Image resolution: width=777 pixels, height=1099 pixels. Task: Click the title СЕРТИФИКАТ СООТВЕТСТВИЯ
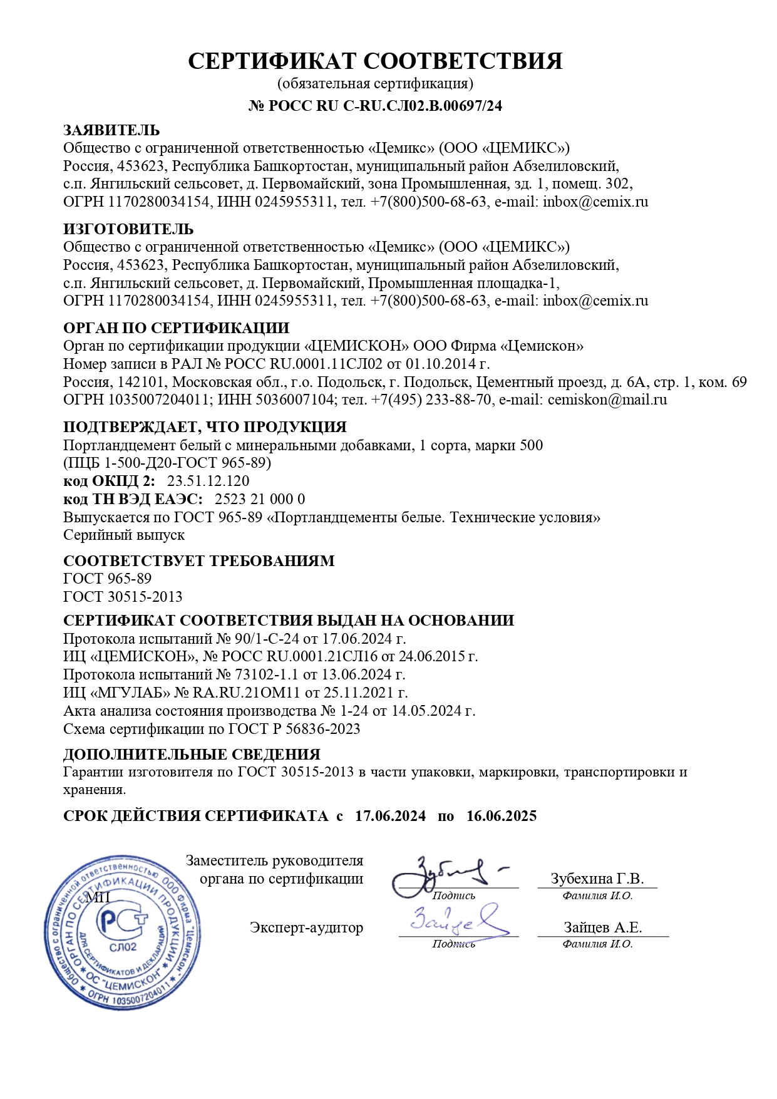pos(375,61)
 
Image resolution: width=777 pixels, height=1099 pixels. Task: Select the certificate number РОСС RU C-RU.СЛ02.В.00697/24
pos(384,106)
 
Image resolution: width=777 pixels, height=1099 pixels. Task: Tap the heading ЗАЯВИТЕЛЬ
pos(111,130)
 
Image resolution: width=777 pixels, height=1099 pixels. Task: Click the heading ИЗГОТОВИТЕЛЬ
pos(128,229)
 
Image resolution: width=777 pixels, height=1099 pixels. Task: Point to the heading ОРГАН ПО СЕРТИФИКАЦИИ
pos(176,328)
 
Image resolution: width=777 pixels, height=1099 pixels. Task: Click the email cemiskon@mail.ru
pos(607,400)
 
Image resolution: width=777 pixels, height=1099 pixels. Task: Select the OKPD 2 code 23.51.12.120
pos(208,481)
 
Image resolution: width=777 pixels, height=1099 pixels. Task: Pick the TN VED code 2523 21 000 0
pos(260,499)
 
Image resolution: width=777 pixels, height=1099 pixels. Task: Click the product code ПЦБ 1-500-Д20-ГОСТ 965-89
pos(167,463)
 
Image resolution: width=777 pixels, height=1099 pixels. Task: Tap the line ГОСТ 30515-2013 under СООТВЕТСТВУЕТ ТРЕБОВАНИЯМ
pos(123,596)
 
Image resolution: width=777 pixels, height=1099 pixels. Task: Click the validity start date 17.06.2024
pos(390,816)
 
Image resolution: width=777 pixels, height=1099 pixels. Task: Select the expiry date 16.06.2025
pos(502,816)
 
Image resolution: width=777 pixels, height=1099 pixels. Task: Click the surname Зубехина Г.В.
pos(597,879)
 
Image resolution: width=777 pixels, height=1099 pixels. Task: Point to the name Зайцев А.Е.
pos(602,927)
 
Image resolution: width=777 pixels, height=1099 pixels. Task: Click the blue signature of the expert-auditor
pos(457,921)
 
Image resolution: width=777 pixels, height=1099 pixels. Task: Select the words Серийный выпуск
pos(124,535)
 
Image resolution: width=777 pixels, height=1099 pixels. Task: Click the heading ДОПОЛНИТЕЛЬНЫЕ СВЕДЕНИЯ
pos(192,754)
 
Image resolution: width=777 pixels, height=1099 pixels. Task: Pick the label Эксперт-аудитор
pos(306,927)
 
